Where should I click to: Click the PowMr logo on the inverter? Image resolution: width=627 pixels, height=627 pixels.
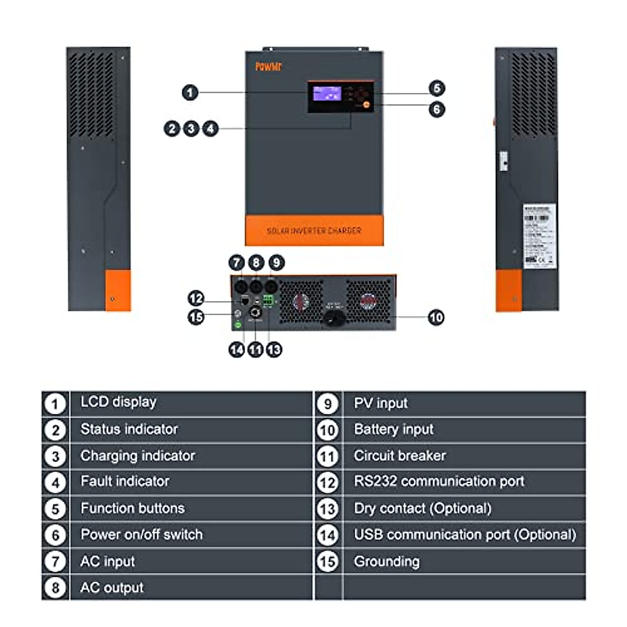point(268,66)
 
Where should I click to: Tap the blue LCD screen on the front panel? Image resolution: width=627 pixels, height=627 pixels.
point(327,94)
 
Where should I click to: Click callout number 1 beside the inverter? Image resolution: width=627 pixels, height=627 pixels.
point(190,92)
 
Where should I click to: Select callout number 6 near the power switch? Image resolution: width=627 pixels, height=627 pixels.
point(437,109)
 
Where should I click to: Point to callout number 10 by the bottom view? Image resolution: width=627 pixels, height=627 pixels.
point(436,317)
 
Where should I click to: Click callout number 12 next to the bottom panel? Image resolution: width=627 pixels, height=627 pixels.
point(195,298)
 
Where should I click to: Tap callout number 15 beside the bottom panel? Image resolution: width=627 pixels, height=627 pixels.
point(195,317)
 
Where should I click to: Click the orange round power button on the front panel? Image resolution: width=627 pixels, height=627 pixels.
point(367,104)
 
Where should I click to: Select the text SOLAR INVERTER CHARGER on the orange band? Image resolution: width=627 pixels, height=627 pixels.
point(314,230)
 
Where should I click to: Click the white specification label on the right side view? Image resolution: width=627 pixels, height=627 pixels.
point(539,236)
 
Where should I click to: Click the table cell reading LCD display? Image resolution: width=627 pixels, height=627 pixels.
point(118,402)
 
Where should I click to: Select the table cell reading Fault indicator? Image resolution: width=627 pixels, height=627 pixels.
point(125,481)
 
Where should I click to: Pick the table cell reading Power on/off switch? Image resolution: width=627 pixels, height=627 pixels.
point(141,535)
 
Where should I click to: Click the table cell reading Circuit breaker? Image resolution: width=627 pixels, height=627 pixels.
point(400,456)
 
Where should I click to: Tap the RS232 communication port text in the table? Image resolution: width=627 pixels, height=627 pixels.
point(439,481)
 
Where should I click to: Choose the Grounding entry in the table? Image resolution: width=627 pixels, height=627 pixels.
point(387,562)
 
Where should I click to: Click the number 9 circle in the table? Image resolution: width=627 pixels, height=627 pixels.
point(328,404)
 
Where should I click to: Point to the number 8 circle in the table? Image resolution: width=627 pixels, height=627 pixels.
point(55,588)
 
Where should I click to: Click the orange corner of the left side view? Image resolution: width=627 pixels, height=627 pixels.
point(118,291)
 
